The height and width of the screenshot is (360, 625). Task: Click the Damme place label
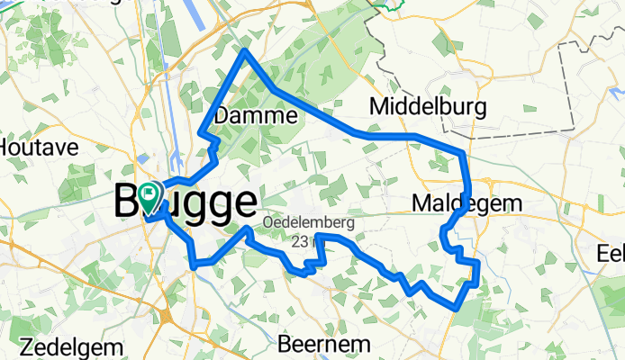coord(257,116)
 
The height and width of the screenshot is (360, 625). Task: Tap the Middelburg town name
coord(429,108)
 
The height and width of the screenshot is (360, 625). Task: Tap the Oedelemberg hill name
coord(309,222)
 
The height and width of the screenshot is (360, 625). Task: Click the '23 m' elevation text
coord(303,240)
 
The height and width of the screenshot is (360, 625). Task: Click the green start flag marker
coord(149,193)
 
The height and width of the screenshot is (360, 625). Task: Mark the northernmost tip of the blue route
coord(245,50)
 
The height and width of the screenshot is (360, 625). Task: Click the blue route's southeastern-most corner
coord(457,307)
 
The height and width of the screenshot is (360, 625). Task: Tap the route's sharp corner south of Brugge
coord(195,265)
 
